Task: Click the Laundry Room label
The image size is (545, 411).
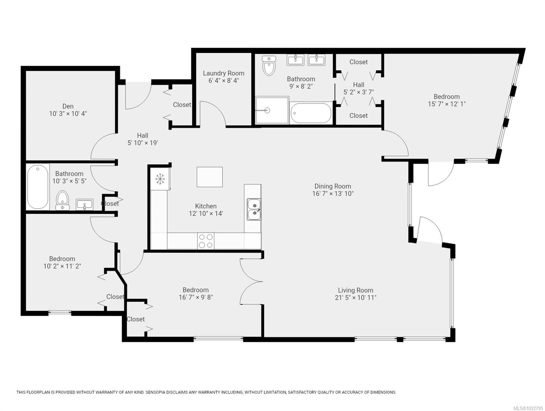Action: [223, 73]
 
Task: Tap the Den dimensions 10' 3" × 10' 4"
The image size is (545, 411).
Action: [68, 113]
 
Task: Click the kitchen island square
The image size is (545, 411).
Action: [209, 177]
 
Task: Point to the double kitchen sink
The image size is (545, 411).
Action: [254, 210]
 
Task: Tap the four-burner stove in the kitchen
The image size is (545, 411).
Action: [206, 240]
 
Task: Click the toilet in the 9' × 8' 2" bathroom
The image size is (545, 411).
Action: [269, 66]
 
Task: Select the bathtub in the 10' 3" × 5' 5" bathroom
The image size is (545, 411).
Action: [38, 187]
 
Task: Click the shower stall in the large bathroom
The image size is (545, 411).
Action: [272, 110]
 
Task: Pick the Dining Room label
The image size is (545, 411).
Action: [332, 186]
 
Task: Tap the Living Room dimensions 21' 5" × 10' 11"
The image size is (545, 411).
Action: [355, 298]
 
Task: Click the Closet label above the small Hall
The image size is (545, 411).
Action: [359, 62]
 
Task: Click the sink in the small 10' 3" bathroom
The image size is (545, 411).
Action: [84, 205]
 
